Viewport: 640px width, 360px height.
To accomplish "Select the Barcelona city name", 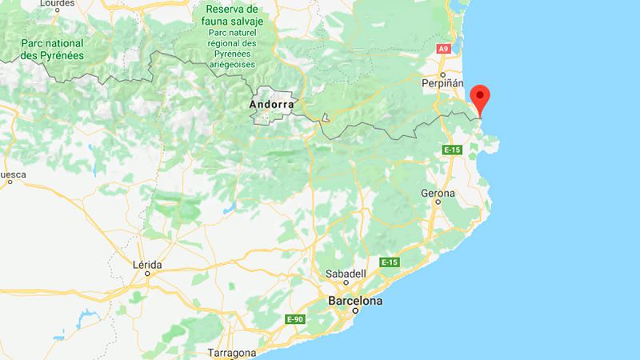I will point(355,302).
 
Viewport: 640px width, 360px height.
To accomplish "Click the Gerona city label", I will point(438,194).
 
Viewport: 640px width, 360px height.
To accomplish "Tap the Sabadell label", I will point(346,273).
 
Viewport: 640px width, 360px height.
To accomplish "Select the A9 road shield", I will point(443,49).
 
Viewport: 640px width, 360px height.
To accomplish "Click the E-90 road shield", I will point(295,319).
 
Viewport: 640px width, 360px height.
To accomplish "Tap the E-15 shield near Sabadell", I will point(390,263).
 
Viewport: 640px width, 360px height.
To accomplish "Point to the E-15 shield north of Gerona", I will point(451,149).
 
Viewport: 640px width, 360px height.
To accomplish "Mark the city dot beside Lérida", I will point(149,274).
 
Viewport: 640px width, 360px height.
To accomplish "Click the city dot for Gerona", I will point(438,205).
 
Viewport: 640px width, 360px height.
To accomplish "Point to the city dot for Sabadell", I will point(346,282).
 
